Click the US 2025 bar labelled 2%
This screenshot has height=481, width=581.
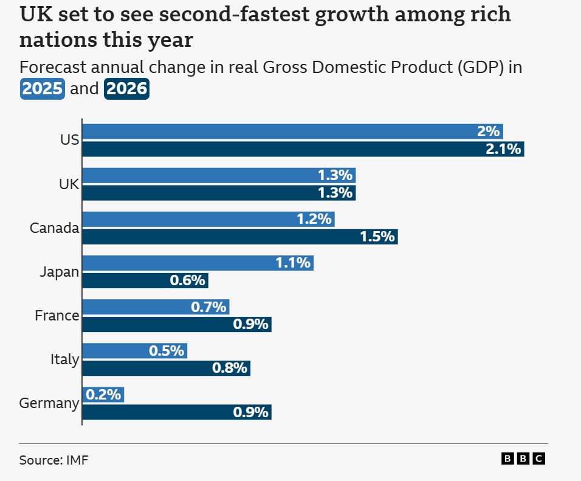292,131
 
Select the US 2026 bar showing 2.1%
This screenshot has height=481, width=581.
303,149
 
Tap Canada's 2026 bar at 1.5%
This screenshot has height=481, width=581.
239,237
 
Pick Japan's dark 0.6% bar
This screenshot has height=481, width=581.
145,280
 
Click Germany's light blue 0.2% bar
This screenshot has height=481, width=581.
103,395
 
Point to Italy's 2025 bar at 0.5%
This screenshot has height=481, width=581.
134,351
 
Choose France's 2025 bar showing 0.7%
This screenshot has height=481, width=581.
155,307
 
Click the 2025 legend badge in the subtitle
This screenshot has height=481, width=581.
42,89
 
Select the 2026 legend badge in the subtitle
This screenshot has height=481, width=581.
126,89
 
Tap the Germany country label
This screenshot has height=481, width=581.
49,403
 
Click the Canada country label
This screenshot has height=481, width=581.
55,228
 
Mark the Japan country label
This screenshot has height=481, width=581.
60,272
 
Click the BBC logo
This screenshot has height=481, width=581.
523,459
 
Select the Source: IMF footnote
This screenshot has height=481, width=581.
53,460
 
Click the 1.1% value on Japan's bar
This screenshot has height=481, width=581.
294,263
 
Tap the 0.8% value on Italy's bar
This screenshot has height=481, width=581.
230,368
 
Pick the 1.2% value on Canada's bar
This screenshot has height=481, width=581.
314,220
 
